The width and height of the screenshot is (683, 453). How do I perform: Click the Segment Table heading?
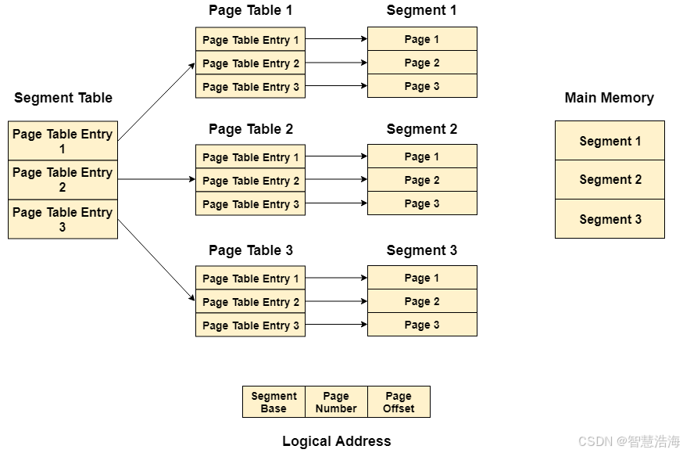coord(63,98)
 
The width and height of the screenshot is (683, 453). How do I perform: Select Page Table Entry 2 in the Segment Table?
coord(63,180)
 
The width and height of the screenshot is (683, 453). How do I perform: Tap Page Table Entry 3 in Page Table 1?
coord(251,86)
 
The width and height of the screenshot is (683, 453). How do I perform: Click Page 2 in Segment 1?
coord(422,63)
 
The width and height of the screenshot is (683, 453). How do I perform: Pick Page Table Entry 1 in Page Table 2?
coord(251,156)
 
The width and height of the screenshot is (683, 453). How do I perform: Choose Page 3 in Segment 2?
coord(422,203)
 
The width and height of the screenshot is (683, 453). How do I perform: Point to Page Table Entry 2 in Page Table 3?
coord(251,302)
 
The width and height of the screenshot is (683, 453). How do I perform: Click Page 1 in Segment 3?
coord(422,278)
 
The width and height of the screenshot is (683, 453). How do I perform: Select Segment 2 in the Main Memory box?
coord(610,180)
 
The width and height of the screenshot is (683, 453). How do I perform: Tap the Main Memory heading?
coord(610,98)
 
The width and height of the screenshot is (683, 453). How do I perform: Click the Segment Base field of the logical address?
coord(274,402)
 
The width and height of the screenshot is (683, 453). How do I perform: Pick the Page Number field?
coord(336,402)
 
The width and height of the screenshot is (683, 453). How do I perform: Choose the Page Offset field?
coord(399,402)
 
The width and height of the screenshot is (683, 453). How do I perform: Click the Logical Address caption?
coord(337,441)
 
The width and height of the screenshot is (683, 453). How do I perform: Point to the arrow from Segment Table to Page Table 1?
coord(156,102)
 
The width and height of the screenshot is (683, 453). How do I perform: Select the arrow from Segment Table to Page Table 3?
coord(156,261)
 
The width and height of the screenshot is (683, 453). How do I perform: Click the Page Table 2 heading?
coord(251,129)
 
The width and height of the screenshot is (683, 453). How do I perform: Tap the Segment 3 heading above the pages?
coord(422,250)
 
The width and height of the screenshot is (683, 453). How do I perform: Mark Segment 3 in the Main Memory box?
coord(610,219)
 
